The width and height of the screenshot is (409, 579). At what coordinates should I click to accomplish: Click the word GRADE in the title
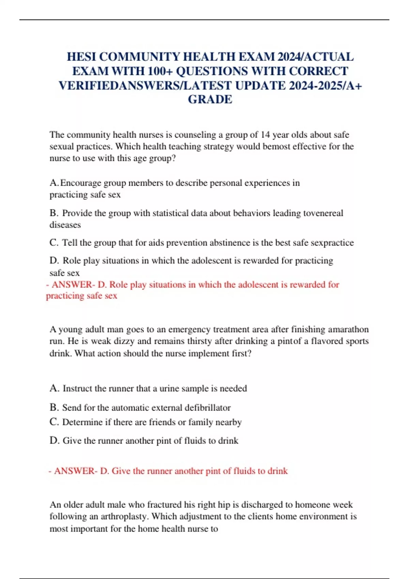(210, 99)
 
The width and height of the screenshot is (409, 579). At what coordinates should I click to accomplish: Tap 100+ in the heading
(160, 71)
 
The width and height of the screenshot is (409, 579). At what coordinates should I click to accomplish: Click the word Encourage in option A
(80, 183)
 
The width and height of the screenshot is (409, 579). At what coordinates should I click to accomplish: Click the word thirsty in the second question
(197, 341)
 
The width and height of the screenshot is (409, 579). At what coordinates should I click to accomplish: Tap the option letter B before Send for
(54, 408)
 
